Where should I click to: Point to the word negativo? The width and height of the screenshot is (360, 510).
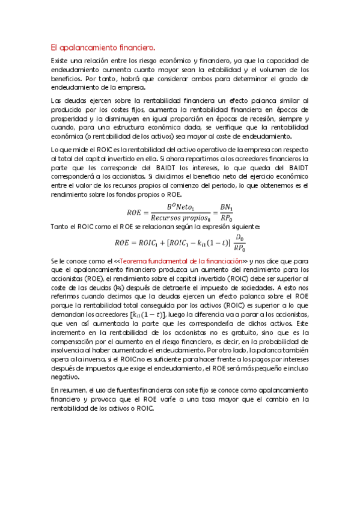(x=66, y=376)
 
